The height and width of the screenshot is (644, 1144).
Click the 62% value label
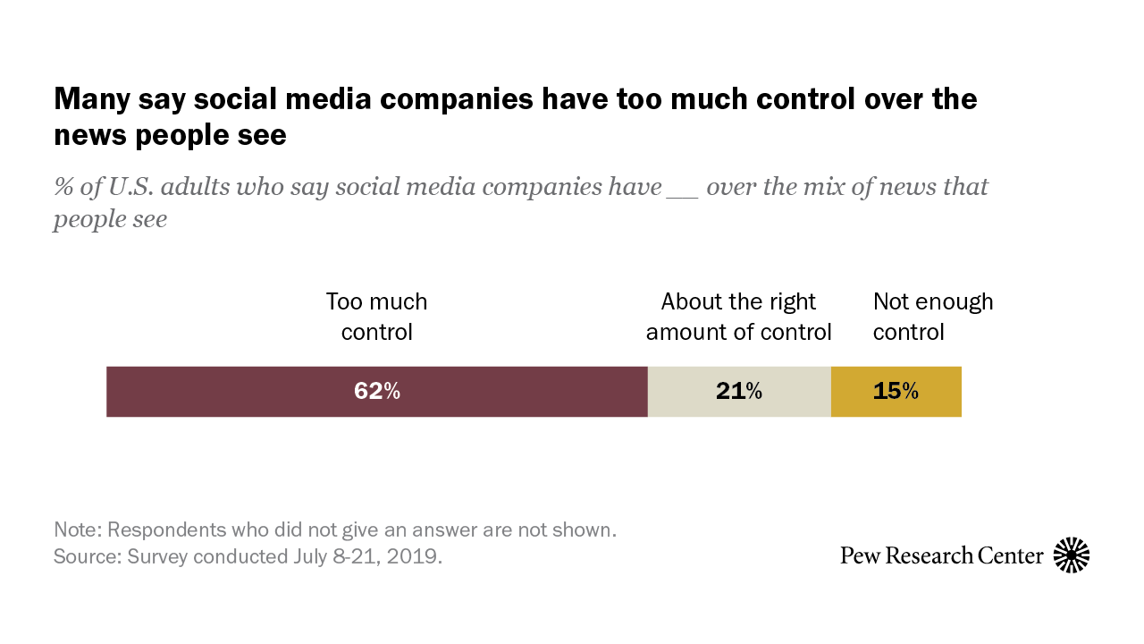pyautogui.click(x=376, y=392)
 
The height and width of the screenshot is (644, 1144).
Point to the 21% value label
pyautogui.click(x=738, y=392)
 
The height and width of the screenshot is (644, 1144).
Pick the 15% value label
pyautogui.click(x=896, y=392)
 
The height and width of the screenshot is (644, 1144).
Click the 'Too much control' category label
pyautogui.click(x=376, y=317)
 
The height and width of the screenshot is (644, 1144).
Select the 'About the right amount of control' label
pyautogui.click(x=738, y=317)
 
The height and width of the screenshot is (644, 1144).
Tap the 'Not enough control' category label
pyautogui.click(x=932, y=317)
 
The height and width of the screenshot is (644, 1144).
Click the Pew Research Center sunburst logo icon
pyautogui.click(x=1072, y=555)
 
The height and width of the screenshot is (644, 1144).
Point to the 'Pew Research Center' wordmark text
pyautogui.click(x=941, y=555)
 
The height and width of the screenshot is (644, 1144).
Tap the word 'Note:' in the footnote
pyautogui.click(x=78, y=530)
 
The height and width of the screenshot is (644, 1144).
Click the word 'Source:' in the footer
pyautogui.click(x=87, y=556)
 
